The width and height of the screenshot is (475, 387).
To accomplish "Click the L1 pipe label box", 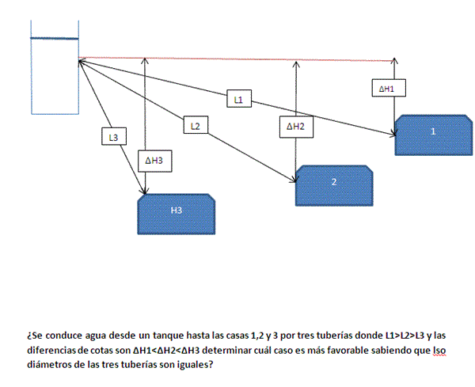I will [x=239, y=100].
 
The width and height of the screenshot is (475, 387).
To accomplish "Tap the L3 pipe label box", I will [x=114, y=137].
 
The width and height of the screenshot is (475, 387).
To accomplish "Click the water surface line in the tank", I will [x=55, y=38].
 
